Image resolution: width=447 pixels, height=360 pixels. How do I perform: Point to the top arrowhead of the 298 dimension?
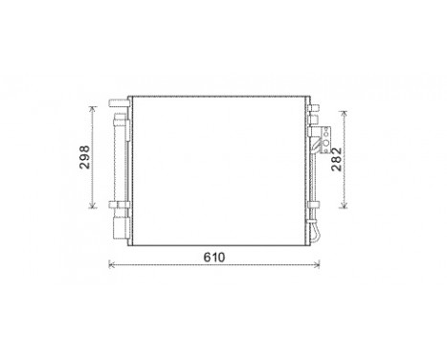94,101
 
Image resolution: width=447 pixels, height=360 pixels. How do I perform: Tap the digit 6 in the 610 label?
212,256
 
